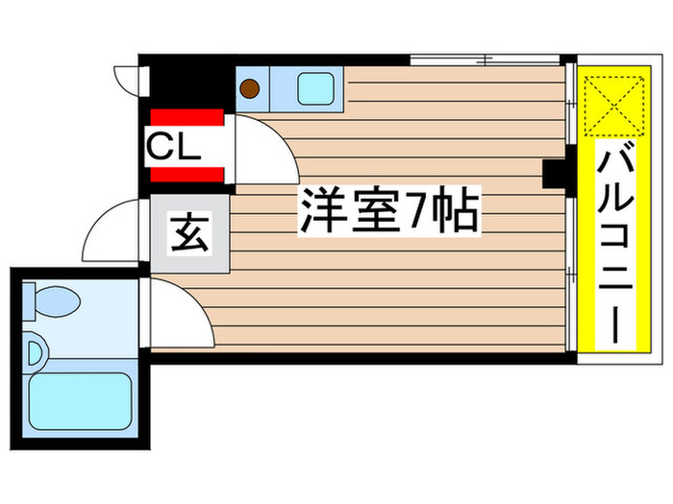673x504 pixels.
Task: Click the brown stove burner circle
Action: (x=249, y=89)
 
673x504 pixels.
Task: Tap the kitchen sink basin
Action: (x=316, y=88)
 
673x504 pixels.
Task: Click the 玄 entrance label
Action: (x=189, y=234)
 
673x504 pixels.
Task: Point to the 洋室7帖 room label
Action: (x=389, y=210)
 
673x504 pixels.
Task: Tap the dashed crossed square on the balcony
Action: (x=614, y=106)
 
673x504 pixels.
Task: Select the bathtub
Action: (x=80, y=401)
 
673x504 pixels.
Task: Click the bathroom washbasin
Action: (x=37, y=353)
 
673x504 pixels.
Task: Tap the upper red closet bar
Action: (x=187, y=117)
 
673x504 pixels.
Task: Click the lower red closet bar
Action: (x=187, y=175)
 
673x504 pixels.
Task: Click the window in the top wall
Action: (x=485, y=60)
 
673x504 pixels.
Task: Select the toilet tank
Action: (x=29, y=301)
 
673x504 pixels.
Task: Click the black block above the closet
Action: (x=187, y=83)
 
